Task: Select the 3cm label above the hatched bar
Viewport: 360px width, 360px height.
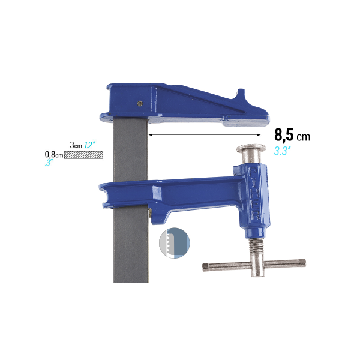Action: pyautogui.click(x=76, y=145)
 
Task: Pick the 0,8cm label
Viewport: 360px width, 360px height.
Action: pyautogui.click(x=54, y=154)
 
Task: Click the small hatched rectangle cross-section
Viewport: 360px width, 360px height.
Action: pyautogui.click(x=84, y=154)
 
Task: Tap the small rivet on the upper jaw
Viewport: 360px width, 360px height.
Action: pyautogui.click(x=140, y=103)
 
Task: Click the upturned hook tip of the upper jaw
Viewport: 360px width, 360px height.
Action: pyautogui.click(x=241, y=94)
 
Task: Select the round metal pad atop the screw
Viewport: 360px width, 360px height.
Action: pyautogui.click(x=252, y=150)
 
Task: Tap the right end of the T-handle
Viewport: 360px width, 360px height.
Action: pyautogui.click(x=301, y=261)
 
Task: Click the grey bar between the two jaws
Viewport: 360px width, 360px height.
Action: pyautogui.click(x=130, y=150)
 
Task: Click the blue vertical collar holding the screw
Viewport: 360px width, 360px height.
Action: pyautogui.click(x=253, y=198)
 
